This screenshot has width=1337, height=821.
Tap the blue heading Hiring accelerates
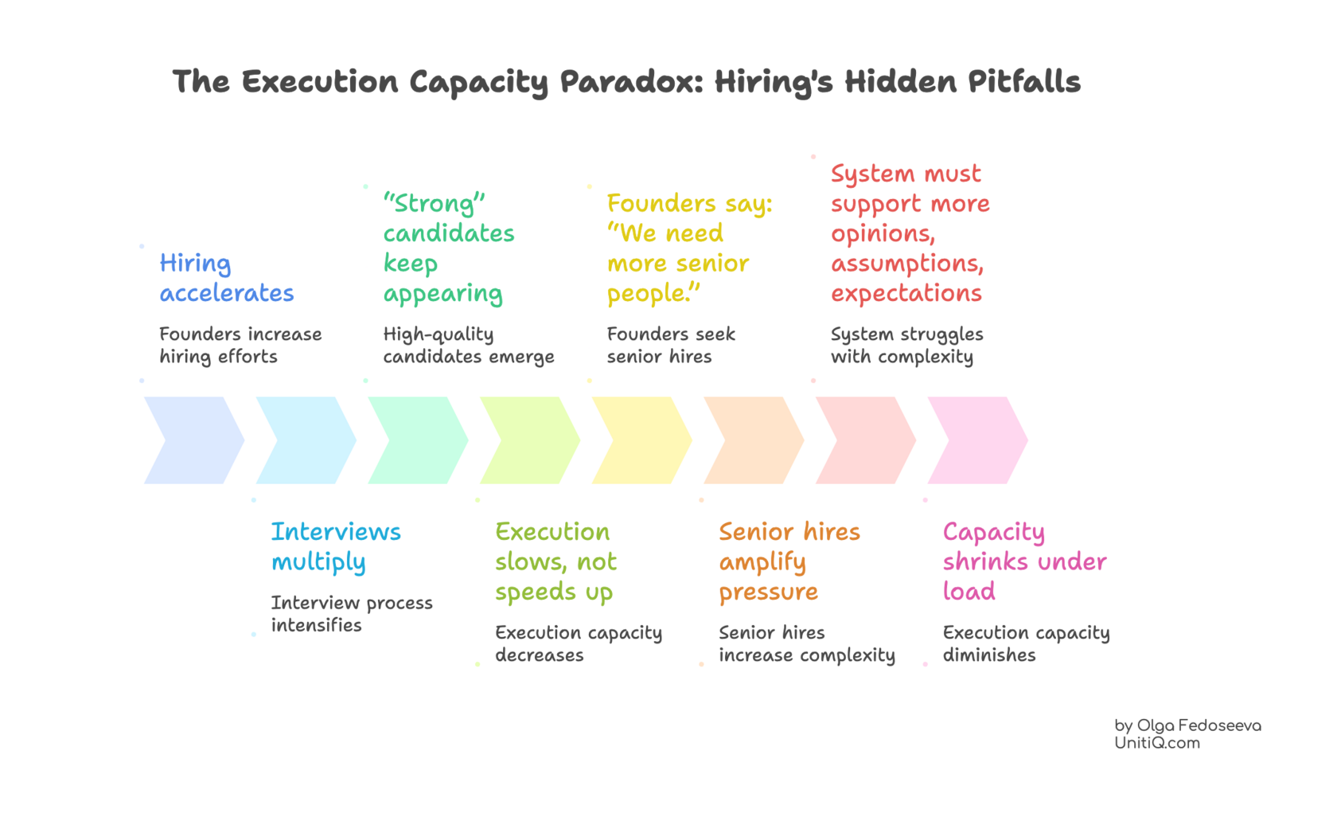click(x=226, y=278)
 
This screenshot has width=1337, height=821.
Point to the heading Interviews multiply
click(x=335, y=546)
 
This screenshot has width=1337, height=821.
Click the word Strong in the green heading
click(x=434, y=203)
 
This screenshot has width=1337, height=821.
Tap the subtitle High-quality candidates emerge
click(x=467, y=345)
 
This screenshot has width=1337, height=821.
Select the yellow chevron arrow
click(x=641, y=440)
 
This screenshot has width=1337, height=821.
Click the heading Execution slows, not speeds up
click(x=555, y=561)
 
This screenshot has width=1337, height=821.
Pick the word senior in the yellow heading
click(x=714, y=264)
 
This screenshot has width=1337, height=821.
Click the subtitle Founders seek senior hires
click(x=670, y=345)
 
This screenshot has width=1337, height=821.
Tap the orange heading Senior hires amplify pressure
click(x=788, y=561)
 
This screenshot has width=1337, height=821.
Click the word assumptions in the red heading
click(x=906, y=264)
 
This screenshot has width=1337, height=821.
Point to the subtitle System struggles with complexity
click(x=906, y=345)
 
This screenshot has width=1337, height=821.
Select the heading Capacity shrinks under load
click(x=1023, y=561)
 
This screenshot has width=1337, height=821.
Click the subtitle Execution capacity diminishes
click(x=1025, y=643)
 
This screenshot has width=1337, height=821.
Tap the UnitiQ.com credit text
click(x=1156, y=743)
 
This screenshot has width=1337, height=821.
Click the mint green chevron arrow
click(x=418, y=440)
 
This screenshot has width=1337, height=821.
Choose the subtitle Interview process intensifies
click(x=351, y=613)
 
